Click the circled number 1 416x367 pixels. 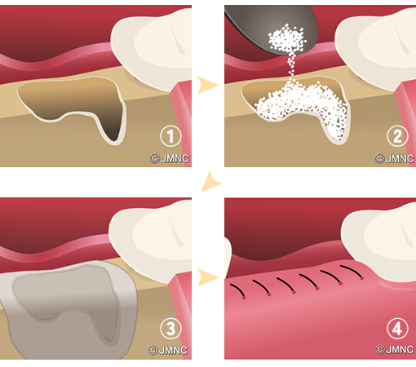(x=170, y=136)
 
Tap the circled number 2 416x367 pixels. (x=397, y=136)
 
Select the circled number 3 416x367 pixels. (x=170, y=329)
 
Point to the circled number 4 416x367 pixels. (x=397, y=329)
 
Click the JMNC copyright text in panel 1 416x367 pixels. (x=170, y=158)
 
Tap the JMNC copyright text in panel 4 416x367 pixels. (x=395, y=349)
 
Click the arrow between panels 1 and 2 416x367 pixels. (x=207, y=85)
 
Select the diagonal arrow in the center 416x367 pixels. (x=210, y=182)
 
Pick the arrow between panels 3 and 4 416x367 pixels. (x=207, y=277)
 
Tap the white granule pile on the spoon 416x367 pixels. (x=287, y=39)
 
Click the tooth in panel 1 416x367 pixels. (x=152, y=49)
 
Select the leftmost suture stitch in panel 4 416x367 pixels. (x=238, y=291)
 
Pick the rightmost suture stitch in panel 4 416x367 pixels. (x=352, y=272)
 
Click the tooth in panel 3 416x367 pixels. (x=150, y=241)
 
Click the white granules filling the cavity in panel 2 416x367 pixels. (x=302, y=108)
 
